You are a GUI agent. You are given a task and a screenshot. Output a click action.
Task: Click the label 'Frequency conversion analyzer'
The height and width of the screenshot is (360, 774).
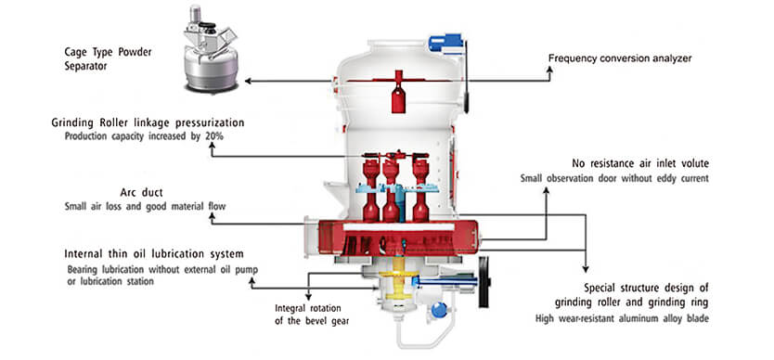(x=620, y=58)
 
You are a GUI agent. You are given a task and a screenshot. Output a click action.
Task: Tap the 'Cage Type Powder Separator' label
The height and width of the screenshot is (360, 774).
(x=108, y=58)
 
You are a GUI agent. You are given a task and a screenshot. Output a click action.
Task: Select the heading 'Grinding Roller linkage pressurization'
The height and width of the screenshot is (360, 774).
(x=148, y=122)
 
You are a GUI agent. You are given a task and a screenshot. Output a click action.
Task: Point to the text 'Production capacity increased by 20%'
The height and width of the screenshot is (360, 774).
(x=144, y=136)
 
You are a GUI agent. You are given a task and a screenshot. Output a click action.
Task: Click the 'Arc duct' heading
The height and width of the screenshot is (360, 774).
(x=142, y=192)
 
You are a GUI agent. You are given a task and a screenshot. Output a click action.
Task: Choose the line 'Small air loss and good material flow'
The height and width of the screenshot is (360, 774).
(x=145, y=206)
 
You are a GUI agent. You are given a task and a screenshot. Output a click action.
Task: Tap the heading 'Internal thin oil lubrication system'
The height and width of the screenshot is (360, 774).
(x=154, y=254)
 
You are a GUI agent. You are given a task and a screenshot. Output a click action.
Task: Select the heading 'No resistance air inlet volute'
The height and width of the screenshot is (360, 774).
(x=640, y=163)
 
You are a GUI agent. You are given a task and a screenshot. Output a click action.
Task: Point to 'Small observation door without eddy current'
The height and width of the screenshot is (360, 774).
(x=614, y=178)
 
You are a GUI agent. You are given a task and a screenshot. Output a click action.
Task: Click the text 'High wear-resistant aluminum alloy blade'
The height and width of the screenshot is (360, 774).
(x=622, y=318)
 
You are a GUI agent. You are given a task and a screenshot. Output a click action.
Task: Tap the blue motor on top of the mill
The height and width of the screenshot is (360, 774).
(x=445, y=42)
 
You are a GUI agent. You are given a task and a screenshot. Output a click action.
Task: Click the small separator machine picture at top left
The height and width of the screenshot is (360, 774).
(x=211, y=49)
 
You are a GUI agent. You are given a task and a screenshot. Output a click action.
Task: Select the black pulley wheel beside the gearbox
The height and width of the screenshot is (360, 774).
(x=484, y=282)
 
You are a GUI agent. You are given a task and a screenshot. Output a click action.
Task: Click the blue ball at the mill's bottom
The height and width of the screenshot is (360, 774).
(x=438, y=310)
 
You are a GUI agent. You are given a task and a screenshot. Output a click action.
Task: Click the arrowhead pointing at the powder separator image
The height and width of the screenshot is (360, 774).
(x=248, y=81)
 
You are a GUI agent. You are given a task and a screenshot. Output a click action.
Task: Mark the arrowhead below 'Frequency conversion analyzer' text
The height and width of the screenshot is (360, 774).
(x=549, y=71)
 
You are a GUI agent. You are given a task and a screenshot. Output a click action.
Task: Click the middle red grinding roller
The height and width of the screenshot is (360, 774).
(x=391, y=190)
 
